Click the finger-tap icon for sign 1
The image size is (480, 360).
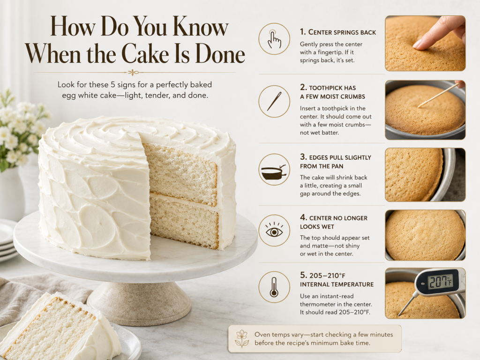pos(274,39)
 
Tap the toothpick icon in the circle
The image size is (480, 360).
pos(274,101)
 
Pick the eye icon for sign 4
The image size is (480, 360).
pos(274,230)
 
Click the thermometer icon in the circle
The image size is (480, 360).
pos(274,287)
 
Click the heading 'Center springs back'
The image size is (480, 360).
pos(337,32)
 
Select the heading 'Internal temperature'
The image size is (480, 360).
pos(337,285)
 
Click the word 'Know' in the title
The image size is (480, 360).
pos(201,27)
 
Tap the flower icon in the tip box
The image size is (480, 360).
pos(242,338)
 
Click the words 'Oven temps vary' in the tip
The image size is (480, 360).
pos(279,335)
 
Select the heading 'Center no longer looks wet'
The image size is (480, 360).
pos(334,222)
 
